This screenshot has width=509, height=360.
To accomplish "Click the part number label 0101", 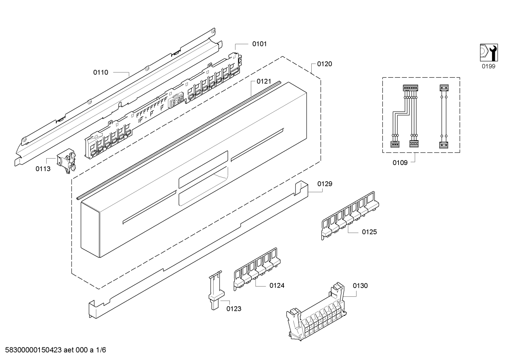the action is (259, 44).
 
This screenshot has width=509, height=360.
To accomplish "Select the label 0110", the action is (101, 72).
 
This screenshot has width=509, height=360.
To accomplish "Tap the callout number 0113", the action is (43, 169).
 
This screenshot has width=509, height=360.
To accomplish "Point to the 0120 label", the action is (324, 64).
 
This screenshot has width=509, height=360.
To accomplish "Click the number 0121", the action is (264, 81).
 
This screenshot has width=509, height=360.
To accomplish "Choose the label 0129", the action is (325, 184).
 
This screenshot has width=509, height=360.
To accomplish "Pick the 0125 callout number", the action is (369, 232).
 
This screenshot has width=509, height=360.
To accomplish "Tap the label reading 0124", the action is (277, 286).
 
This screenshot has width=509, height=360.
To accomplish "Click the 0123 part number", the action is (234, 309).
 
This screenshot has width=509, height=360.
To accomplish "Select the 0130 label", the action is (360, 286).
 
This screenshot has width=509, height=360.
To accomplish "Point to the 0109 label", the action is (400, 163).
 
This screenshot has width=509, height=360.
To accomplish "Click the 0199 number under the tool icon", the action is (489, 66).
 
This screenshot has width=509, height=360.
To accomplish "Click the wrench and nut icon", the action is (489, 53).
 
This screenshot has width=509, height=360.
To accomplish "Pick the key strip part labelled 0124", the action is (257, 269).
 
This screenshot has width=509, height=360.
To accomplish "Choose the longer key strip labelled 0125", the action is (350, 216).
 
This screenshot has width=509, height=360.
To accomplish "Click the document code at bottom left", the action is (56, 350).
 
